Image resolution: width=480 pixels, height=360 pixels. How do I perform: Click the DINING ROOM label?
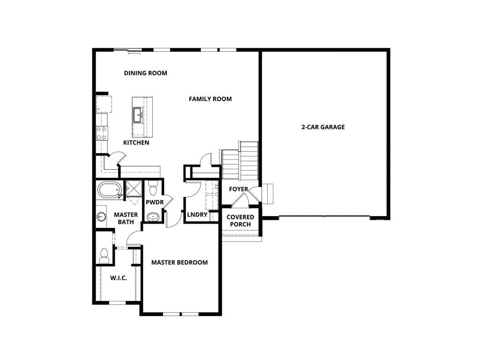click(145, 73)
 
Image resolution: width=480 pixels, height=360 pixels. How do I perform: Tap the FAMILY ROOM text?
click(210, 99)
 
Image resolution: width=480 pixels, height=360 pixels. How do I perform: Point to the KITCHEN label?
click(136, 142)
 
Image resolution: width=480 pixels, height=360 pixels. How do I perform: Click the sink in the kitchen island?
click(139, 113)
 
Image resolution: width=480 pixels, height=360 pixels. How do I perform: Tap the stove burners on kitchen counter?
click(101, 134)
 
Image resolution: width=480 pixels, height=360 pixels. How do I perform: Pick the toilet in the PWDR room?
click(153, 190)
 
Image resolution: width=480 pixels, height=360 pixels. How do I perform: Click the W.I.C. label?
click(119, 278)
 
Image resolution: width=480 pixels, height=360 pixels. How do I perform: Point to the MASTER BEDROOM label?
click(179, 262)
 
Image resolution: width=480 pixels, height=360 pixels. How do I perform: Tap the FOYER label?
click(238, 189)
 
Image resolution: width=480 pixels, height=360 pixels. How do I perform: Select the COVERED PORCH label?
click(240, 220)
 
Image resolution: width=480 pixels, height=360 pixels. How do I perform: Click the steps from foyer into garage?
click(267, 193)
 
